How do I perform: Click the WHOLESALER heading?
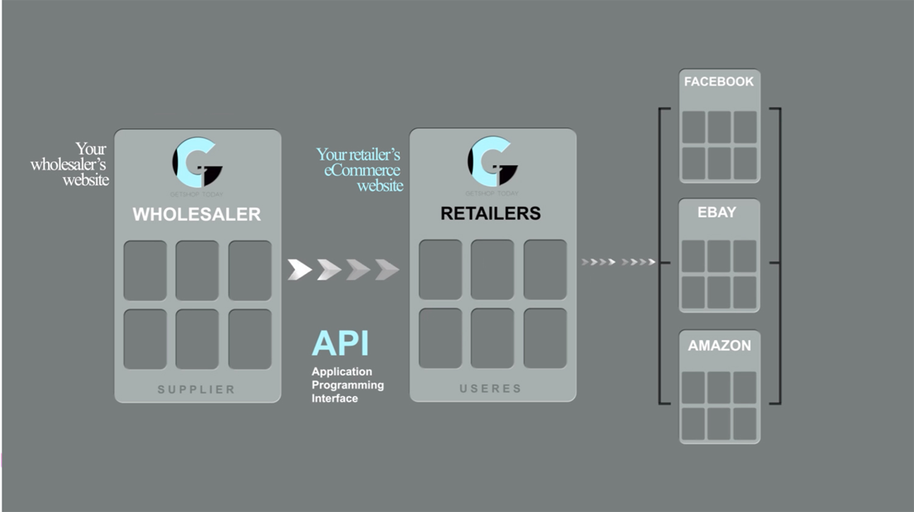point(197,214)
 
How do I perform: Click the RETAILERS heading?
point(491,213)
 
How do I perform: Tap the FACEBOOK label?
point(719,82)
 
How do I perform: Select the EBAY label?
point(717,212)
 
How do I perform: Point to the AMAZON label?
point(720,346)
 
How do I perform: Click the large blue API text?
point(341,344)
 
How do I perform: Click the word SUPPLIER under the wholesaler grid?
point(196,389)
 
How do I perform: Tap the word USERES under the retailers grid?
point(491,389)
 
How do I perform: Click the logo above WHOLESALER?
point(197,163)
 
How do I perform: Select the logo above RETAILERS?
point(492,162)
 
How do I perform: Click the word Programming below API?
point(348,385)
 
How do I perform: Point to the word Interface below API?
point(335,399)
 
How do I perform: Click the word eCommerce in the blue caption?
point(362,170)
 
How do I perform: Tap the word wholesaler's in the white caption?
point(68,165)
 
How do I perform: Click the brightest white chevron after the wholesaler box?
point(300,269)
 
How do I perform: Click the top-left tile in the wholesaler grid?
point(145,270)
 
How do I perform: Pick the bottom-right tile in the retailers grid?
point(545,338)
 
